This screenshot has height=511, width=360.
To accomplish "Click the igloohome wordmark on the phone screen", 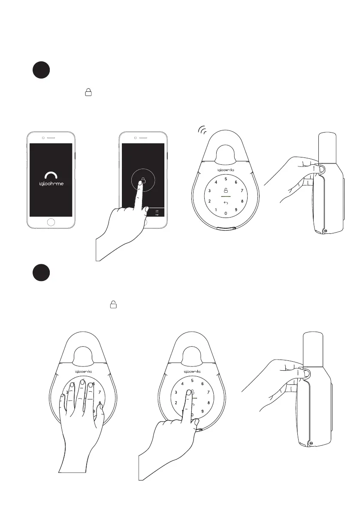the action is (51, 186).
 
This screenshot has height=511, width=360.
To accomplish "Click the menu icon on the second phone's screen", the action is (157, 211).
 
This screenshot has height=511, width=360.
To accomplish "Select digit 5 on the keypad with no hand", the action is (226, 179).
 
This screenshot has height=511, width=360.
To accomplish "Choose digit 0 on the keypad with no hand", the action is (226, 213).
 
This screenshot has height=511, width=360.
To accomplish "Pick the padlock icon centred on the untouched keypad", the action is (226, 190).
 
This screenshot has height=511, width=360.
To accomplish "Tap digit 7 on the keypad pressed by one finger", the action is (209, 392).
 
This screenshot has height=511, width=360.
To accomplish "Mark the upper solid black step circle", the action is (42, 71).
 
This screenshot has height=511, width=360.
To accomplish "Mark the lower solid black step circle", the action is (42, 273).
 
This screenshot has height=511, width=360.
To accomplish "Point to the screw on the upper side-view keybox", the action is (324, 230).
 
